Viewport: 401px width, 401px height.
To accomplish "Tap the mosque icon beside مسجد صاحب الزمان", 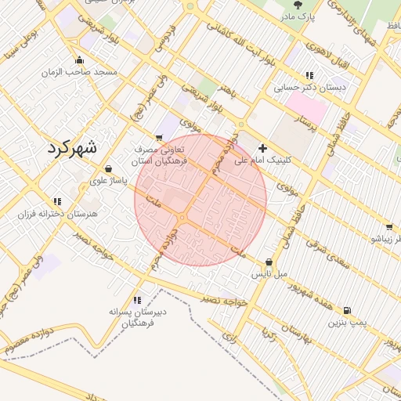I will pyautogui.click(x=79, y=60).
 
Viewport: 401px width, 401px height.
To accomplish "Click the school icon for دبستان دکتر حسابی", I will pyautogui.click(x=310, y=76).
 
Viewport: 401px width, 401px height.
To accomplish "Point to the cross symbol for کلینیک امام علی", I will pyautogui.click(x=262, y=147).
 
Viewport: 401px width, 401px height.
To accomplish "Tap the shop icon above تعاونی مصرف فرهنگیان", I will pyautogui.click(x=160, y=138).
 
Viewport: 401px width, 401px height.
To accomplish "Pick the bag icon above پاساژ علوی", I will pyautogui.click(x=107, y=168).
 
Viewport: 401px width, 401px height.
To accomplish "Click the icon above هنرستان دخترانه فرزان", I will pyautogui.click(x=56, y=201).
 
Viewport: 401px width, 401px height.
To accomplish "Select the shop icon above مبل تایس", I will pyautogui.click(x=269, y=262).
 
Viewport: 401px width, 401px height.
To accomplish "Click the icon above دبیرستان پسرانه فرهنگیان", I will pyautogui.click(x=138, y=299).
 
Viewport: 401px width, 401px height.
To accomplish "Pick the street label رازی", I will pyautogui.click(x=229, y=338).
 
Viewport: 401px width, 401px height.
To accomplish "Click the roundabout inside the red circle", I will pyautogui.click(x=182, y=217).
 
